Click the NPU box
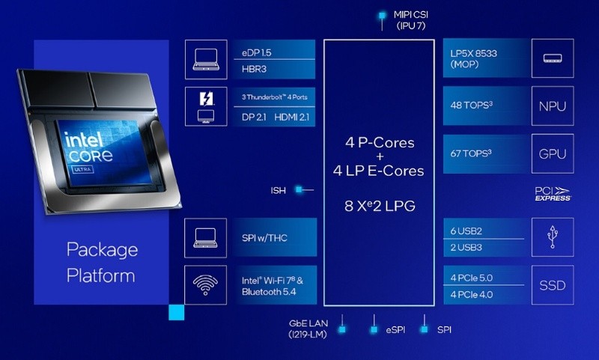click(x=553, y=106)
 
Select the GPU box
click(x=553, y=155)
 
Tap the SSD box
click(x=553, y=285)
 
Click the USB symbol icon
click(x=553, y=237)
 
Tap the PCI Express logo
click(x=553, y=194)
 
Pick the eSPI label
click(x=398, y=329)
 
